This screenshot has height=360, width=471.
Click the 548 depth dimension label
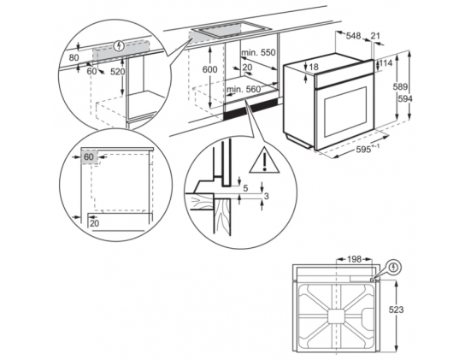click(353, 36)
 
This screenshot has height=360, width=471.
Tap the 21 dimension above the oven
click(375, 36)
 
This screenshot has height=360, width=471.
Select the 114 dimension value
click(386, 63)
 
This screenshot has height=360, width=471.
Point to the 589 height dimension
click(400, 87)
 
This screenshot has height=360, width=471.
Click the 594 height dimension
click(405, 98)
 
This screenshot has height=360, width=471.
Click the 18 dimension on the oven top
click(314, 67)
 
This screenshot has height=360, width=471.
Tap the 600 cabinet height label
click(209, 69)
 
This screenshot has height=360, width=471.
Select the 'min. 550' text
click(259, 52)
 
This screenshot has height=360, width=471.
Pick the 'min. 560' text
click(244, 89)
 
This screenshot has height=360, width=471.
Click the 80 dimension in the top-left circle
click(74, 57)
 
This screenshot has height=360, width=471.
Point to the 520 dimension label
click(117, 72)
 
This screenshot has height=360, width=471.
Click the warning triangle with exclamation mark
click(264, 161)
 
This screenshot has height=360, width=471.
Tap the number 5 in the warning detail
click(245, 189)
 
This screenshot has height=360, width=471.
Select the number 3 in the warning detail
click(266, 196)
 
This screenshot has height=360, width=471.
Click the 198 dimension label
click(354, 259)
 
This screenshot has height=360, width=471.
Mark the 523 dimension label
click(397, 310)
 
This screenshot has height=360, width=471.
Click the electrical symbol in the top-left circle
click(120, 46)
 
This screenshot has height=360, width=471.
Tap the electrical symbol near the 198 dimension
click(394, 267)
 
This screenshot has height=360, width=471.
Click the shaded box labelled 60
click(89, 157)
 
